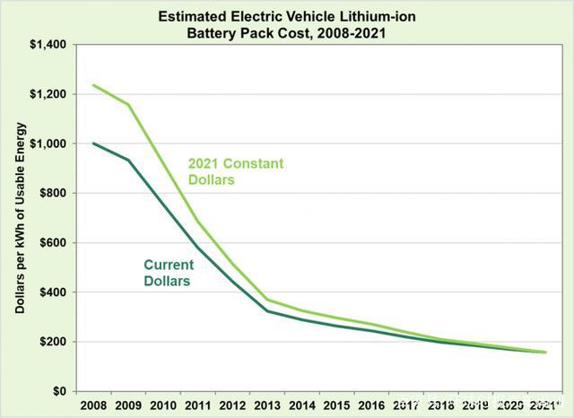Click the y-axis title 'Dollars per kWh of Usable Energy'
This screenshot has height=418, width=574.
tap(20, 218)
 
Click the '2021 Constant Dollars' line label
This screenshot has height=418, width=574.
tap(235, 172)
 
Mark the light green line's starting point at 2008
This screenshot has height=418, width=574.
tap(94, 85)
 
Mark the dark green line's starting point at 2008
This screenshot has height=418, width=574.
tap(94, 144)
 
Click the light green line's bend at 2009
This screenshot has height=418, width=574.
tap(129, 104)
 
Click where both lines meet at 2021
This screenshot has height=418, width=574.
tap(545, 353)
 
